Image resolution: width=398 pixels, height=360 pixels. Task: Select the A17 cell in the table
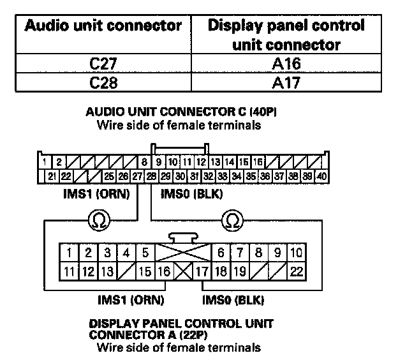(285, 82)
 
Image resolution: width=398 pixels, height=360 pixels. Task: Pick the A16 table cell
(285, 64)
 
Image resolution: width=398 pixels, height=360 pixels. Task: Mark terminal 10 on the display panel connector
(296, 253)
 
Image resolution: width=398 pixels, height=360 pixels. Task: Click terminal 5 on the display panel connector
(145, 253)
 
